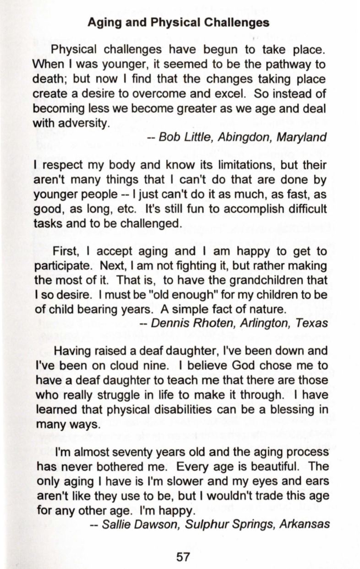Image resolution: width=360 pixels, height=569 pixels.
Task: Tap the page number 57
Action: [183, 557]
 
